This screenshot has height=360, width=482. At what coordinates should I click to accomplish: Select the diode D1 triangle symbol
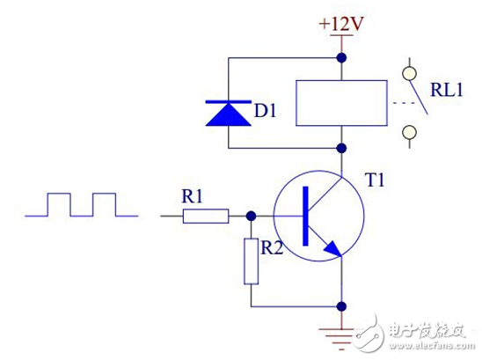click(228, 114)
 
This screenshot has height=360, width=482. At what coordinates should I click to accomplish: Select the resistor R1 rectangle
click(206, 215)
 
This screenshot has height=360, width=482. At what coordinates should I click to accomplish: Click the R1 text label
click(193, 195)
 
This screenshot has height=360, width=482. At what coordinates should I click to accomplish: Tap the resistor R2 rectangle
click(252, 261)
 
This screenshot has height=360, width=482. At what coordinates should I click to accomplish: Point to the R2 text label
click(272, 249)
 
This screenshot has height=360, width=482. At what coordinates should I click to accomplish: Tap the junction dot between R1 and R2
click(252, 215)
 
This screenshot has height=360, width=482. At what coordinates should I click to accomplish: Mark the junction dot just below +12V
click(340, 58)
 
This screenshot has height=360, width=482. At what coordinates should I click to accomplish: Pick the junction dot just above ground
click(340, 307)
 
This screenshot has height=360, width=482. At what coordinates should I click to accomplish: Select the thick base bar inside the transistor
click(304, 215)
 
